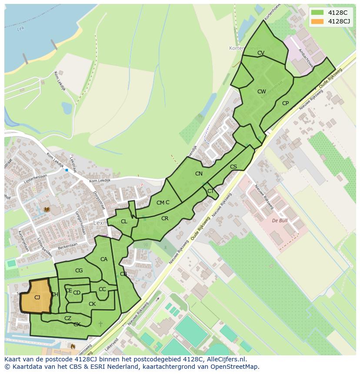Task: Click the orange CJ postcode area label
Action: tap(37, 298)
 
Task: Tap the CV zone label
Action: tap(261, 53)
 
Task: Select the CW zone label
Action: tap(261, 92)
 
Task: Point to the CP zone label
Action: tap(285, 103)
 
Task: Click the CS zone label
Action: tap(233, 167)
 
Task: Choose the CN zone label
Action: tap(199, 174)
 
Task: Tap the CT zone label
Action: tap(210, 191)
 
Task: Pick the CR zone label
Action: tap(165, 218)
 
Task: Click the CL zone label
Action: tap(124, 222)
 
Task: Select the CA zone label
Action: tap(104, 259)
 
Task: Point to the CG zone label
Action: tap(79, 271)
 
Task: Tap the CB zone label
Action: tap(123, 274)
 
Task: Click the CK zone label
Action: tap(92, 304)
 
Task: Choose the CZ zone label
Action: tap(68, 318)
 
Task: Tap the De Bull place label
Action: tap(280, 221)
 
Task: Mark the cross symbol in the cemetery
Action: tap(101, 324)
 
